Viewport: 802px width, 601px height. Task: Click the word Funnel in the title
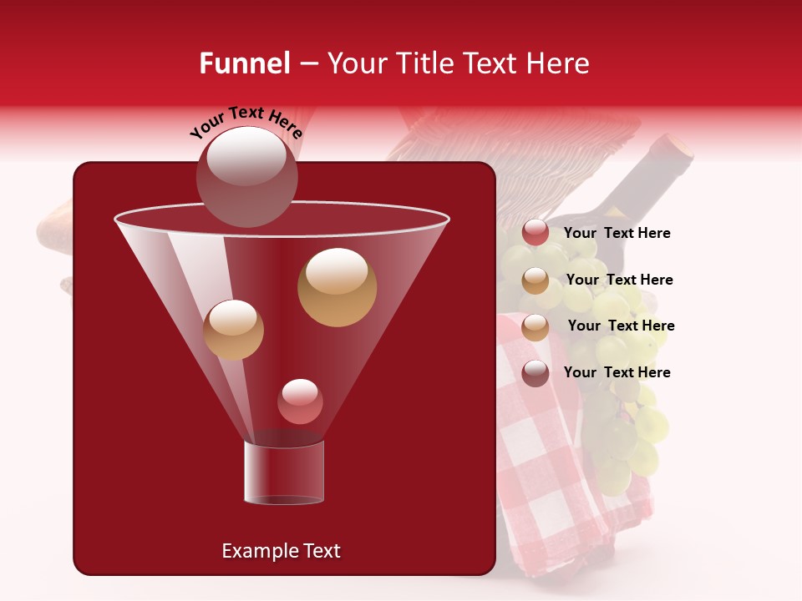coord(244,63)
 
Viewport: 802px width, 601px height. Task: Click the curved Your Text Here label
coord(246,122)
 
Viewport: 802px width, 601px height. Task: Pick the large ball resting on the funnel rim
coord(246,176)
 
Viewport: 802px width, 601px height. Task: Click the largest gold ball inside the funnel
coord(337,287)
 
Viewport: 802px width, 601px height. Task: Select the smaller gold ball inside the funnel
coord(233,329)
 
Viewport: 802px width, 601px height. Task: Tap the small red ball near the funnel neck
coord(300,402)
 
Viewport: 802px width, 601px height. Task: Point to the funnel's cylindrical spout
coord(283,472)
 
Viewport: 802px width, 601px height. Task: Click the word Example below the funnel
coord(251,551)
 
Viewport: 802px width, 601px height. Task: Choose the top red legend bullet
coord(536,233)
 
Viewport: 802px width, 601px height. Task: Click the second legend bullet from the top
coord(536,280)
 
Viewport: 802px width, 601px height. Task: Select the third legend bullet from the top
coord(536,326)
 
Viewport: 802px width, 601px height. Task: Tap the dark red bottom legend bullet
coord(536,373)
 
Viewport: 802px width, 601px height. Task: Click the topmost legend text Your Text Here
coord(617,234)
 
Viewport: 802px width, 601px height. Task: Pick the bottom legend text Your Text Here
coord(617,372)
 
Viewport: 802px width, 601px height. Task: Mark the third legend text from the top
coord(621,326)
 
